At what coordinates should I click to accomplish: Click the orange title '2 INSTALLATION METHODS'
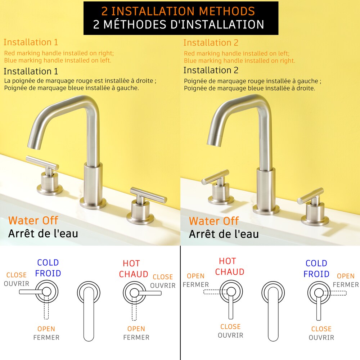coord(178,11)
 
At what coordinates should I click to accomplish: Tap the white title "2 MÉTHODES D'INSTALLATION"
coord(179,24)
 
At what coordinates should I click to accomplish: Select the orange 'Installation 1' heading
coord(31,42)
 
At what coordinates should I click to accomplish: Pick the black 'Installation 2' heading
coord(211,70)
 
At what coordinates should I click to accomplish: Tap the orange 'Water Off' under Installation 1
coord(33,220)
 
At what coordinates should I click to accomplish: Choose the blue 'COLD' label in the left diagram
coord(48,262)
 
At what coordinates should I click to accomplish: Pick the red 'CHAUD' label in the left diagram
coord(134,274)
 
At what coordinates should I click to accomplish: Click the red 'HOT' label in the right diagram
coord(227,261)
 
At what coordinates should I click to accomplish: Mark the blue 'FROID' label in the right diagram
coord(316,274)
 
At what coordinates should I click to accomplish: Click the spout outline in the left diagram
coord(89,311)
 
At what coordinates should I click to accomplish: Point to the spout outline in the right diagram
coord(273,311)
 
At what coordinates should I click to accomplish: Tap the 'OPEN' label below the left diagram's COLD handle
coord(46,329)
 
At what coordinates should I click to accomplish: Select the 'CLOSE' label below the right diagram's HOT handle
coord(230,327)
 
